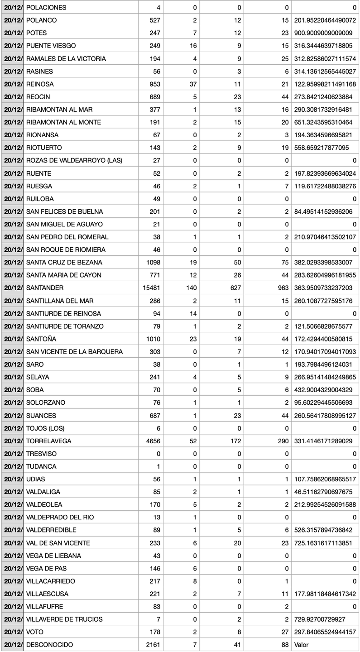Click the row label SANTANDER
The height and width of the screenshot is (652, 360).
pyautogui.click(x=45, y=288)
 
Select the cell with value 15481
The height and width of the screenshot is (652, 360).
pyautogui.click(x=151, y=288)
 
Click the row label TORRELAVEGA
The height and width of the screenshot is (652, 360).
pyautogui.click(x=49, y=441)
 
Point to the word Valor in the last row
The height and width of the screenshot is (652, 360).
pyautogui.click(x=301, y=645)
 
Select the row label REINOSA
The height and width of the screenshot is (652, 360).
pyautogui.click(x=40, y=84)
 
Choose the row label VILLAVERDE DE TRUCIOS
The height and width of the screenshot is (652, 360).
pyautogui.click(x=64, y=619)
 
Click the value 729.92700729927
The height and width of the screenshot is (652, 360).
pyautogui.click(x=325, y=619)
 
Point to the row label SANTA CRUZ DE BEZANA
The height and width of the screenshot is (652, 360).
pyautogui.click(x=64, y=263)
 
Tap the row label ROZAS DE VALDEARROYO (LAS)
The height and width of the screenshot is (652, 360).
pyautogui.click(x=74, y=161)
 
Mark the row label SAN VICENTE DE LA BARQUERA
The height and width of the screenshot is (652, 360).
pyautogui.click(x=74, y=352)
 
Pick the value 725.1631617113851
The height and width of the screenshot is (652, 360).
pyautogui.click(x=325, y=543)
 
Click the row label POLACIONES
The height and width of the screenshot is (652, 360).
pyautogui.click(x=46, y=8)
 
